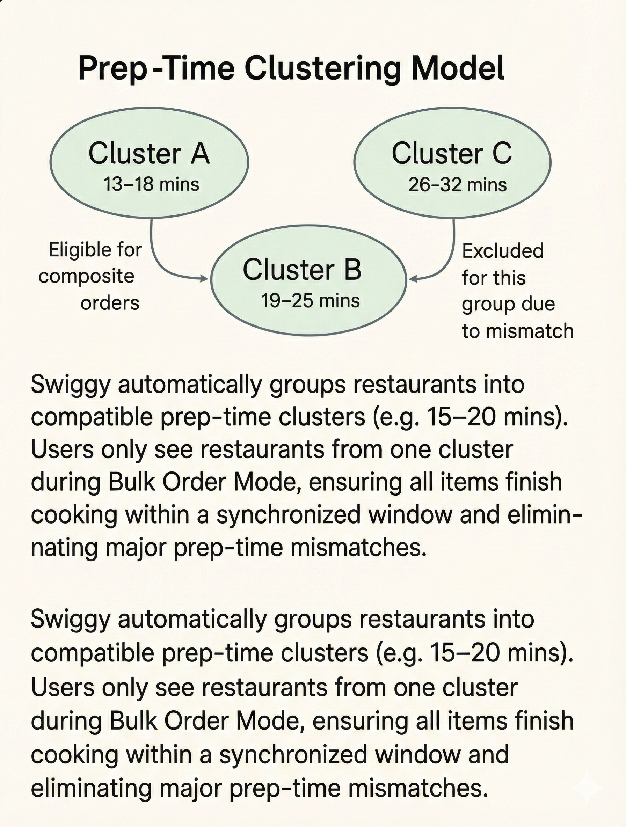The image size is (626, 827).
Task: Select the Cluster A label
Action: (149, 154)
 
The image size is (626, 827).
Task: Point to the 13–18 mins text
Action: (151, 184)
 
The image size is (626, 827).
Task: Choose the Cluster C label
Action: (451, 154)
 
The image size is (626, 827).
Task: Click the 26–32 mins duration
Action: (457, 185)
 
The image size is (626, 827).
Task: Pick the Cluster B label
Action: (302, 270)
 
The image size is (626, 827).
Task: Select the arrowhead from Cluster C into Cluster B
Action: (413, 279)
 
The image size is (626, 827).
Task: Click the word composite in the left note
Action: (86, 277)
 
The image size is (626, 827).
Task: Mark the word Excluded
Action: (503, 250)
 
